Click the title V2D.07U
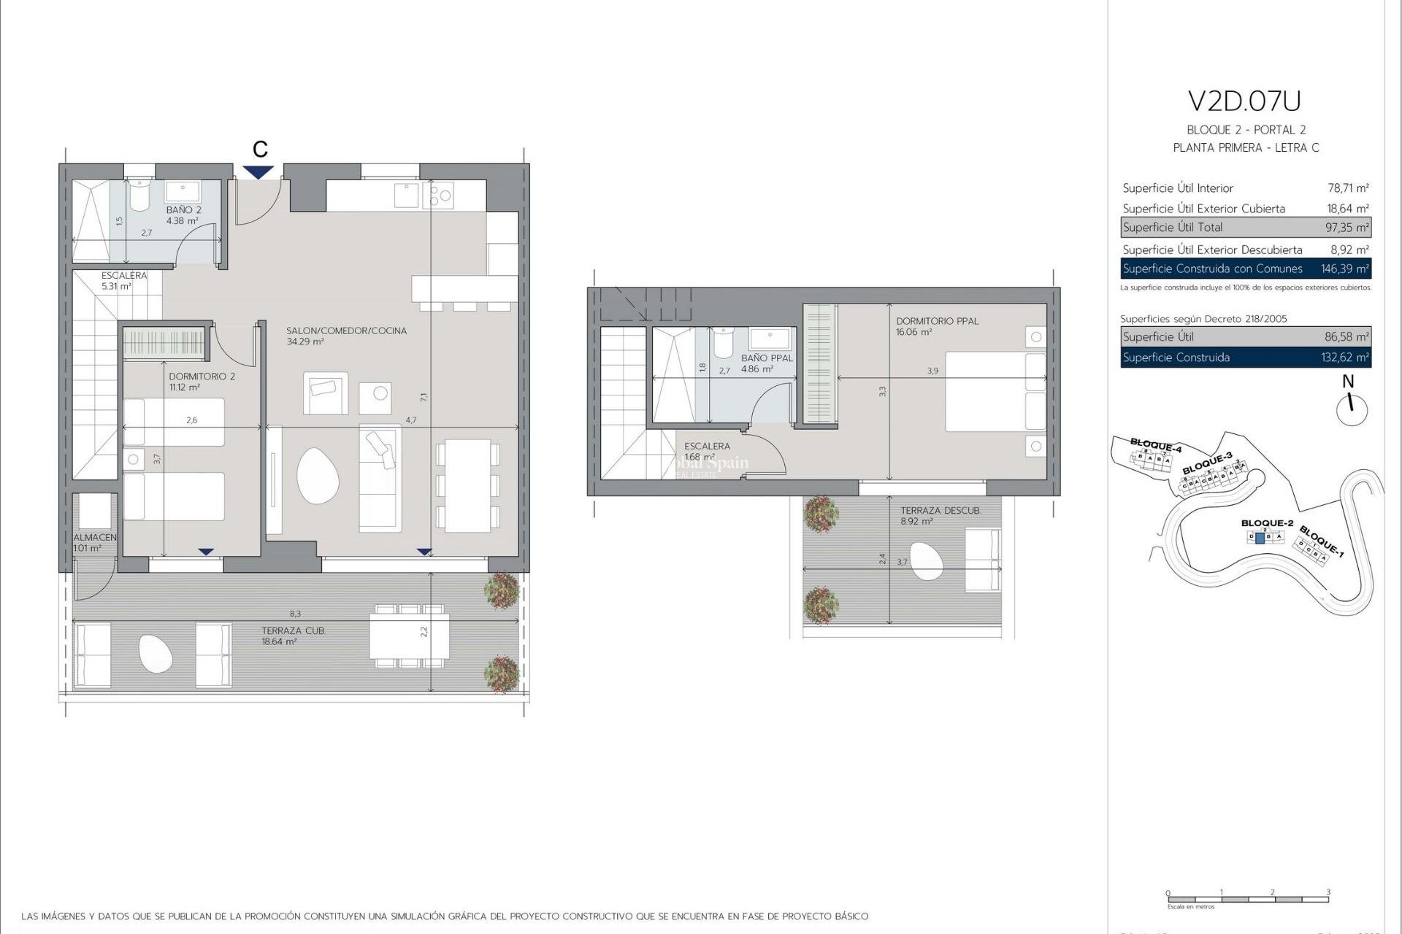tap(1244, 101)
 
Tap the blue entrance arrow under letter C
tap(258, 172)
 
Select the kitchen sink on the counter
tap(406, 195)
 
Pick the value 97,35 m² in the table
tap(1347, 228)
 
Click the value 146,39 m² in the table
tap(1344, 269)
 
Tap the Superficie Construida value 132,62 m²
tap(1347, 358)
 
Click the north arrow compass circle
tap(1352, 409)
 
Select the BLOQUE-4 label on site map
tap(1155, 444)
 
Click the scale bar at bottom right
tap(1247, 899)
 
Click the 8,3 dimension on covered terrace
tap(295, 614)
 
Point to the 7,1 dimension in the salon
tap(424, 398)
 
